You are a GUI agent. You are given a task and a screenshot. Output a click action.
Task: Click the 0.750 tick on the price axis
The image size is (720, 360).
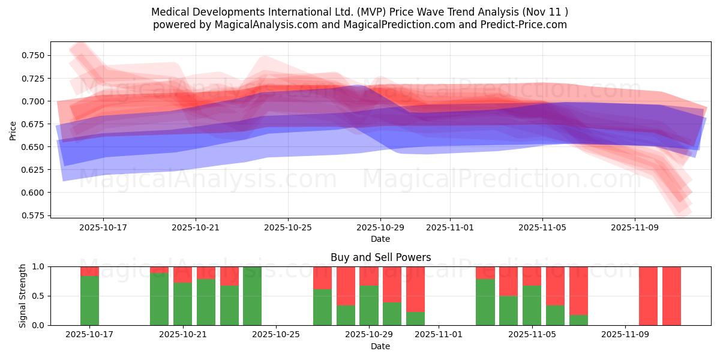(34, 55)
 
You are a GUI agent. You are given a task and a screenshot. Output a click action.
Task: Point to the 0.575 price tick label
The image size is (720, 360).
(34, 215)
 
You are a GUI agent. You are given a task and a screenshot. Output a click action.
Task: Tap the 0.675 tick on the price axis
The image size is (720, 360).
(34, 124)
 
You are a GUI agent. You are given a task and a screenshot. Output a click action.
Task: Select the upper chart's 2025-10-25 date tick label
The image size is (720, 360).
(288, 228)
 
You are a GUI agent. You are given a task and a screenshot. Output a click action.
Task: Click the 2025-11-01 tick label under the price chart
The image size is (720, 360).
(450, 228)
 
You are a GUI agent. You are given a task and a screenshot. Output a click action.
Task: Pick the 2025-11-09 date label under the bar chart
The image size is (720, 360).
(625, 335)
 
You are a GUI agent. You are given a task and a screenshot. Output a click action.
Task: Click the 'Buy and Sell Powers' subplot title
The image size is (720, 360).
(380, 257)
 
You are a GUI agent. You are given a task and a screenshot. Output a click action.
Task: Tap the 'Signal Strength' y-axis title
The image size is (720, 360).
(23, 296)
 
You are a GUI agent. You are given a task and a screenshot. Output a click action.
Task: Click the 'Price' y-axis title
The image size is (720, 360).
(13, 130)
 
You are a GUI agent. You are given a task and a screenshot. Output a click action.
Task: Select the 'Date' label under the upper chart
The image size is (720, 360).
(380, 239)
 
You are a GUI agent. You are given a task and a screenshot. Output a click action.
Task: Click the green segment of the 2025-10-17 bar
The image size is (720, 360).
(89, 301)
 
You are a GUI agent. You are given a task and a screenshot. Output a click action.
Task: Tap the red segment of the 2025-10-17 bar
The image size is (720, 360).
(89, 271)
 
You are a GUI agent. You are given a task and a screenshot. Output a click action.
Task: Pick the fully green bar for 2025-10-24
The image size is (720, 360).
(252, 296)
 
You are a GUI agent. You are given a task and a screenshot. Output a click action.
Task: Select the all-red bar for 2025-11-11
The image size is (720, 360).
(671, 296)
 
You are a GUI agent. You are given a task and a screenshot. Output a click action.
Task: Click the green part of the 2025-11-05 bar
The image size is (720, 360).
(532, 305)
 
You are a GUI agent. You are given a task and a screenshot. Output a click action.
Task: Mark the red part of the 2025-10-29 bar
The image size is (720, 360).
(369, 276)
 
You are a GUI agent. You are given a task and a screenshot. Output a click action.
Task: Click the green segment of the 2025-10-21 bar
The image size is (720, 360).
(182, 304)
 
